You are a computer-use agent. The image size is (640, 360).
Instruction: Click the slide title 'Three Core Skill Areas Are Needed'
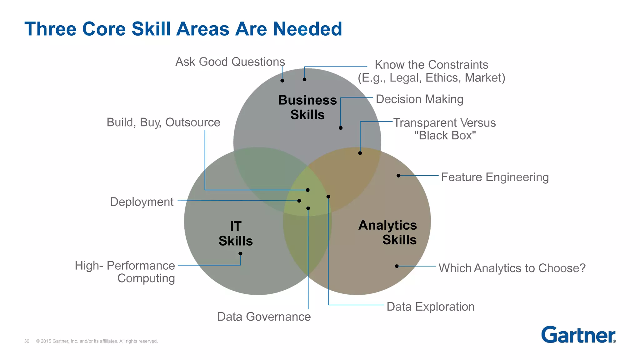tap(183, 29)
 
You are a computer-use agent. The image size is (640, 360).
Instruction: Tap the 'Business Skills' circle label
tap(307, 107)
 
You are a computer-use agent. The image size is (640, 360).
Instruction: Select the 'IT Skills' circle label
tap(236, 233)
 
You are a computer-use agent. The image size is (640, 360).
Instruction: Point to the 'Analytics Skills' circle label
tap(387, 232)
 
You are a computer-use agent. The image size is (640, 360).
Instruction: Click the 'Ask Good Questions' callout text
tap(230, 62)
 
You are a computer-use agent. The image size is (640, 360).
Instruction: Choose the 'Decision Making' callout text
tap(419, 99)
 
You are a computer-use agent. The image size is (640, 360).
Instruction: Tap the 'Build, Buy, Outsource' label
tap(163, 122)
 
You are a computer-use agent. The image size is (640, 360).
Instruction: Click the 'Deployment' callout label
tap(142, 202)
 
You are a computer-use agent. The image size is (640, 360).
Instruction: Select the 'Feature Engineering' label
tap(495, 177)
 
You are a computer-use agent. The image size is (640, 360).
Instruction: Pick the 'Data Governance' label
tap(264, 317)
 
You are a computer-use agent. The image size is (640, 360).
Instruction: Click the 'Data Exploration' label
tap(430, 307)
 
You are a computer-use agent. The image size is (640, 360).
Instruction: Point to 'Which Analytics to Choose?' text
tap(512, 268)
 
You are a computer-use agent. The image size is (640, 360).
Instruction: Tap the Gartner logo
tap(578, 335)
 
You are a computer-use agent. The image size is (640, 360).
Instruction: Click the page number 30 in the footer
tap(27, 341)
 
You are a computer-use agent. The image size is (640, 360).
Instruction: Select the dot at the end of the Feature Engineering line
tap(398, 176)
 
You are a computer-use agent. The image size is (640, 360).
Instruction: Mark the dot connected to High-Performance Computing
tap(240, 253)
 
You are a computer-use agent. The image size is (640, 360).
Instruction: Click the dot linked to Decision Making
tap(341, 128)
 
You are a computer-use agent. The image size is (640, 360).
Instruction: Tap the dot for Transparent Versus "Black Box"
tap(360, 153)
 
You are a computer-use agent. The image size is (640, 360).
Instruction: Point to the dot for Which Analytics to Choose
tap(397, 266)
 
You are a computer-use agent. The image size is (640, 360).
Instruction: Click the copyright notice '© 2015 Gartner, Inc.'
tap(97, 341)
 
